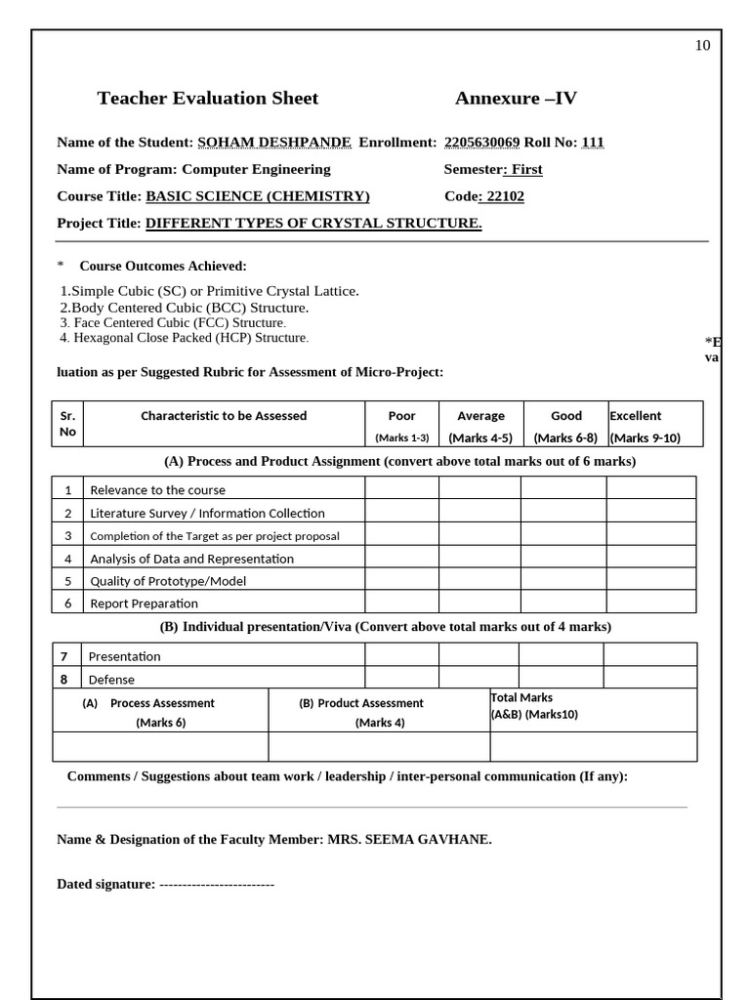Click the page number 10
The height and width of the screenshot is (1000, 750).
click(702, 45)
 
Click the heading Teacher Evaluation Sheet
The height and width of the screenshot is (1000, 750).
click(208, 98)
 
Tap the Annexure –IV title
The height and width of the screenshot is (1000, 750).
click(516, 98)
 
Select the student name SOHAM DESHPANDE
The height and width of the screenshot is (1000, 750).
click(274, 143)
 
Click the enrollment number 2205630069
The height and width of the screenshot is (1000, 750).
click(481, 143)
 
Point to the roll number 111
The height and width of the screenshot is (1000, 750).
click(593, 143)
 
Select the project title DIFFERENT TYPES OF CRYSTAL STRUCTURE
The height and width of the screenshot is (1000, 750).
click(313, 224)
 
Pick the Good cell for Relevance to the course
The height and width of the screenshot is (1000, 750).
click(562, 488)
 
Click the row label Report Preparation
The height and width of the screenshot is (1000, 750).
click(144, 604)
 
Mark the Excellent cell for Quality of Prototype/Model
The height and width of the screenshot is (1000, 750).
click(650, 580)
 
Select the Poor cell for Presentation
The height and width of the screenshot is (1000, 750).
click(401, 655)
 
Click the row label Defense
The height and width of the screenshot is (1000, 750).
click(111, 680)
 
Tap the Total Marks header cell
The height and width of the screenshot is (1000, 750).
click(593, 710)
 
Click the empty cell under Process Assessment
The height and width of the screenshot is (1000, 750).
click(160, 747)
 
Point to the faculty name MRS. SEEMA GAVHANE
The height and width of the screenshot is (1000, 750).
click(409, 840)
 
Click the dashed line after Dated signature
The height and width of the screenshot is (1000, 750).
click(216, 885)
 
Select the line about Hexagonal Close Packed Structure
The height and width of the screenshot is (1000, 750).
click(184, 338)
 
